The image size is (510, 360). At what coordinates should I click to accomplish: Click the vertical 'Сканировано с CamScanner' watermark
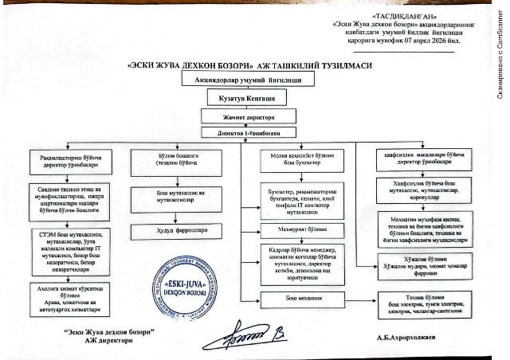coord(500,55)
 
